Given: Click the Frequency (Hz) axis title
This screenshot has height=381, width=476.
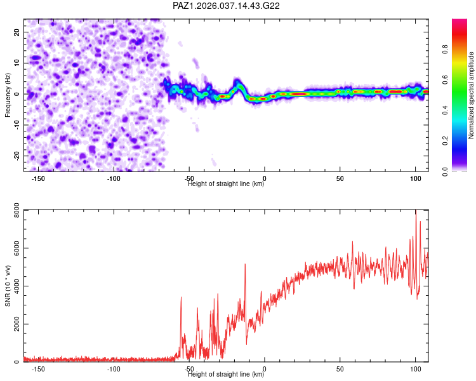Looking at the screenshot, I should (x=8, y=94).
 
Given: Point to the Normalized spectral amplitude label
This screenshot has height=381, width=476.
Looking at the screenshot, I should (x=471, y=95).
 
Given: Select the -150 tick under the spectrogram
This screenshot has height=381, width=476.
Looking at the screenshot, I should (x=38, y=178).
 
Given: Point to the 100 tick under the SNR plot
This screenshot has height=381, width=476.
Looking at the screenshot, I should (x=416, y=369).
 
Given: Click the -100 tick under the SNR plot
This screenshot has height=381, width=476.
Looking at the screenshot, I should (x=114, y=369).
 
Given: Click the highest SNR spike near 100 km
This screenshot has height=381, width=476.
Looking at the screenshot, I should (x=416, y=215).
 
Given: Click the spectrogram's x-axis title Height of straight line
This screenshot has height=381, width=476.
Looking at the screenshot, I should (x=227, y=184).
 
